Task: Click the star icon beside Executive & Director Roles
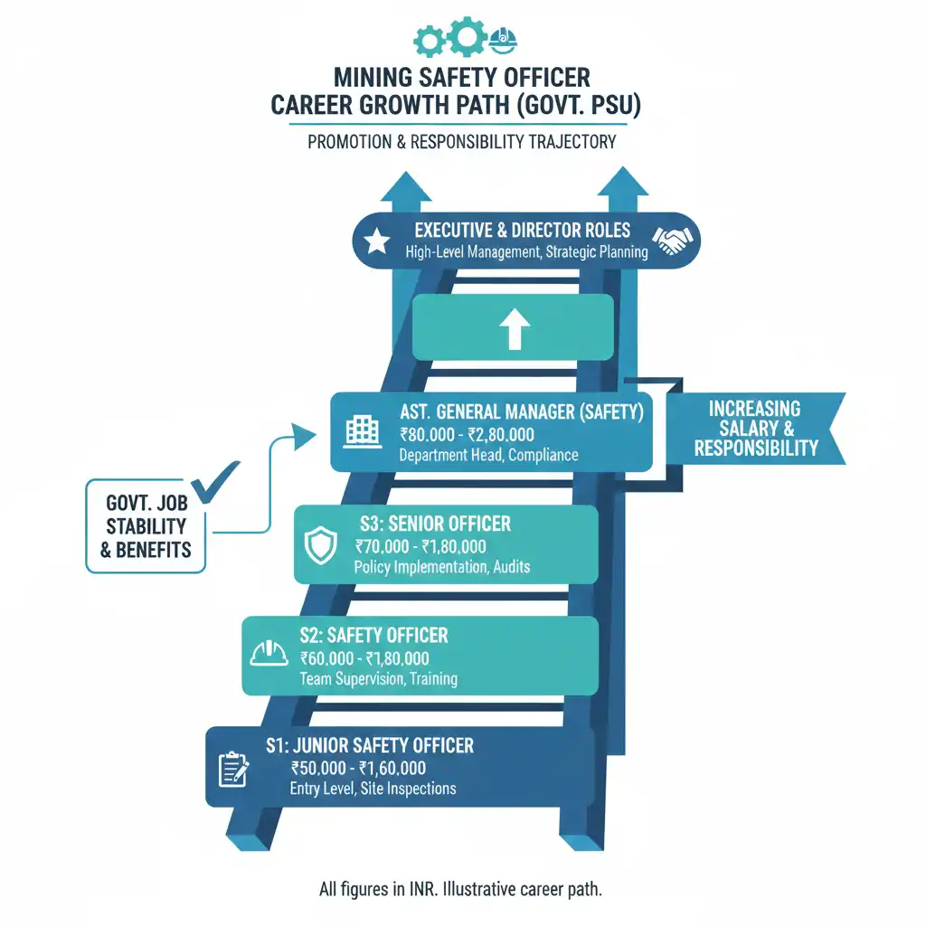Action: click(x=376, y=241)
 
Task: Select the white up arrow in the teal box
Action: click(x=514, y=331)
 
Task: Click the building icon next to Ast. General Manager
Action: click(x=363, y=430)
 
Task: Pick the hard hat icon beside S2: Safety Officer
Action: click(x=269, y=654)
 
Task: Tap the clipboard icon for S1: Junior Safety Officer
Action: click(x=233, y=769)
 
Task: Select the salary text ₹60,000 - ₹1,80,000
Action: click(x=364, y=658)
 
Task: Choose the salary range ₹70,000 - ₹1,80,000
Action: click(x=420, y=546)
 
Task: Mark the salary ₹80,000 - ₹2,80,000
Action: click(x=466, y=435)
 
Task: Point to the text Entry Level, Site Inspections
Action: click(x=373, y=789)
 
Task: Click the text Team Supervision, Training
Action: click(x=378, y=678)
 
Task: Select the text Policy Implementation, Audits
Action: click(x=441, y=567)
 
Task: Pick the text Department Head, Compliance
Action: click(x=488, y=455)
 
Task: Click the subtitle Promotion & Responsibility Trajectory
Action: click(x=461, y=142)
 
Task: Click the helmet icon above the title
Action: click(x=501, y=39)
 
